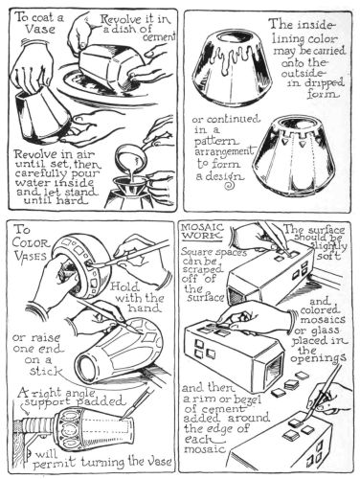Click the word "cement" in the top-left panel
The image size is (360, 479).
point(159,38)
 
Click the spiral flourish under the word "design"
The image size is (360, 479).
point(230,184)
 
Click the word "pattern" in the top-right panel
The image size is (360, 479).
point(215,141)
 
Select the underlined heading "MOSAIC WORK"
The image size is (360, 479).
point(201,232)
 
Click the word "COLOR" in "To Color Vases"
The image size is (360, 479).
point(32,244)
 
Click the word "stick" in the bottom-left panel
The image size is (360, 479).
point(46,372)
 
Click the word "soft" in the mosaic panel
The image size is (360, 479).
point(328,256)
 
